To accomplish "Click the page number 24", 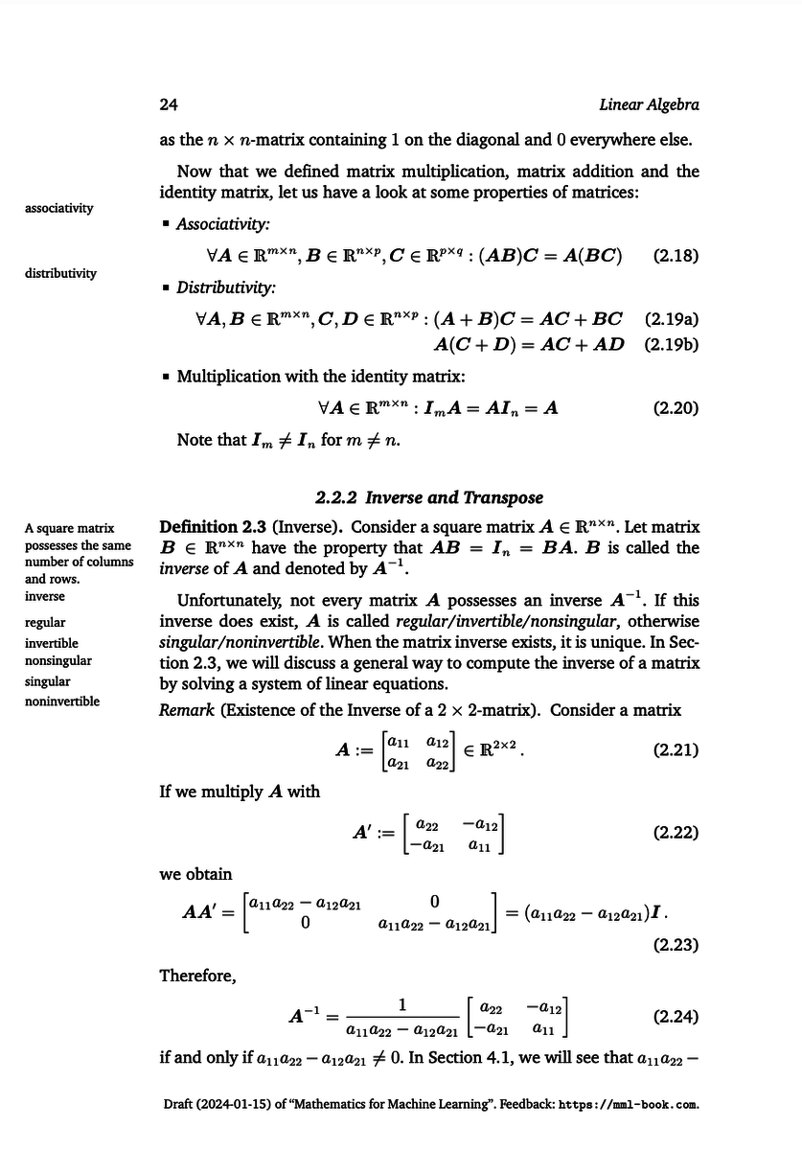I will click(x=169, y=104).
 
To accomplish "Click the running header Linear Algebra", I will click(x=648, y=104).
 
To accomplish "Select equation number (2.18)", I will click(x=675, y=256).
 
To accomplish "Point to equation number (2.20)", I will click(x=675, y=408).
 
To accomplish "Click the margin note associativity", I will click(x=59, y=208).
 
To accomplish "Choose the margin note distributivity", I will click(x=60, y=273).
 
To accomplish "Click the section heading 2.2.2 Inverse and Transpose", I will click(x=429, y=497).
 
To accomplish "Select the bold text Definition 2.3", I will click(x=212, y=527).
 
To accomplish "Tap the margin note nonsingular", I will click(x=58, y=660).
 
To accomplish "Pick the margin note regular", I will click(x=45, y=623).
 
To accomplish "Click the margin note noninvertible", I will click(x=62, y=701).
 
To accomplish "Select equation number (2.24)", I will click(x=675, y=1016).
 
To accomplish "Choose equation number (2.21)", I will click(x=675, y=749).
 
